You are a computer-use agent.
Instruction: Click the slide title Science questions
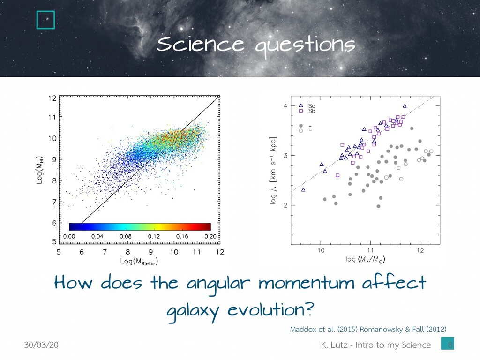pos(256,46)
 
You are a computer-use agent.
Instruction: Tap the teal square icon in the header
pos(46,19)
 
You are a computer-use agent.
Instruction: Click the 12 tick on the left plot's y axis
pos(52,98)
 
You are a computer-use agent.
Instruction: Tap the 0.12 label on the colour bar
pos(154,237)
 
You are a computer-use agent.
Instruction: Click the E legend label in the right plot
pos(310,127)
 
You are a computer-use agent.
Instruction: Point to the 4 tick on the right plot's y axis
pos(285,106)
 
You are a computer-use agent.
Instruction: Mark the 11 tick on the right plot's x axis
pos(370,250)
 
